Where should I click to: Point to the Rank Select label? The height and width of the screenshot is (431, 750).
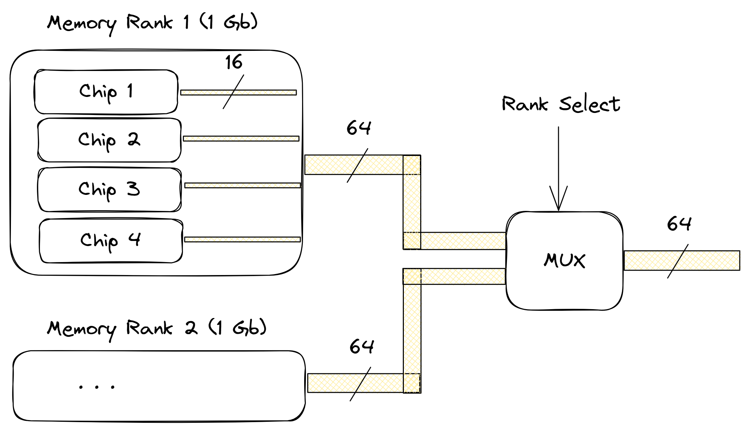561,103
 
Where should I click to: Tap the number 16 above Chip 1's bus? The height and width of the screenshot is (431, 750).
234,62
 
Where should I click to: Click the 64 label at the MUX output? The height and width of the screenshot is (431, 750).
679,224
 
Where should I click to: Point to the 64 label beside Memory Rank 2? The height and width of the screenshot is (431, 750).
362,346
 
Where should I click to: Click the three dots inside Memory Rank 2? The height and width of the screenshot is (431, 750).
97,387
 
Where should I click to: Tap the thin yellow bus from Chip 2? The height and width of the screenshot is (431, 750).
241,139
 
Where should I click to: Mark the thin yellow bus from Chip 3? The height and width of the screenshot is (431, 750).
243,185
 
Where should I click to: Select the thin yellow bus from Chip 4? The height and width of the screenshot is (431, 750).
243,240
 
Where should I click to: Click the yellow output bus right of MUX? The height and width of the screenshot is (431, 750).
682,261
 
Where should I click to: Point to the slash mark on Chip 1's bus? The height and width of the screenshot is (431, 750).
234,92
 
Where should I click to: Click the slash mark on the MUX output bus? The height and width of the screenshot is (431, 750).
678,261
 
